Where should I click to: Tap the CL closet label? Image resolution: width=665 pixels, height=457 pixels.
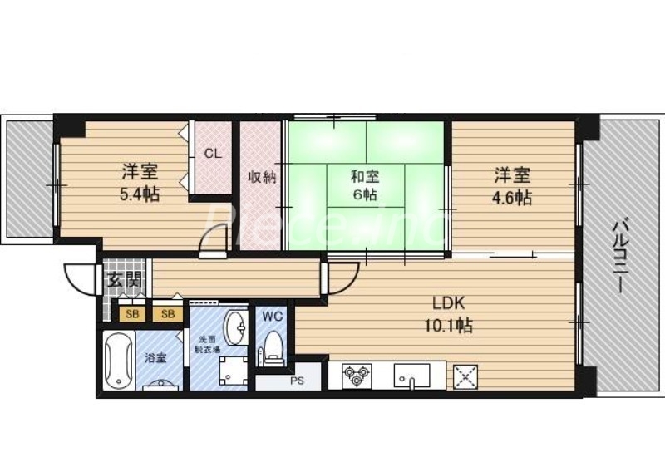click(x=214, y=154)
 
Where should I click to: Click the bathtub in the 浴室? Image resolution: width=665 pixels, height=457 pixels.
click(x=117, y=360)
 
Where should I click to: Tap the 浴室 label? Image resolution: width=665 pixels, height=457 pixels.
click(x=155, y=359)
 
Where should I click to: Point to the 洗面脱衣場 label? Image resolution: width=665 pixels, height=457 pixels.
click(x=207, y=344)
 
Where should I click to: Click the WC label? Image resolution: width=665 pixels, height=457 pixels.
click(x=273, y=316)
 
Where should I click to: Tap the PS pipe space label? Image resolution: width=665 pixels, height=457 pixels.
click(x=297, y=383)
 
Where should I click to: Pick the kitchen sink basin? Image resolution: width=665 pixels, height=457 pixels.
click(x=410, y=375)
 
